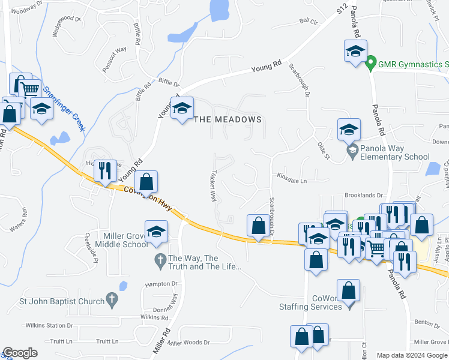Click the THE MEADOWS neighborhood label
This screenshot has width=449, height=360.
click(x=228, y=119)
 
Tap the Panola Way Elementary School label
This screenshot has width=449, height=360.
click(x=394, y=153)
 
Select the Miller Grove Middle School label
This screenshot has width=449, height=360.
click(x=118, y=240)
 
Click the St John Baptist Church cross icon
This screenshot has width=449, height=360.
click(x=111, y=298)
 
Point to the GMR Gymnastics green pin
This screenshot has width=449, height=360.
click(x=371, y=62)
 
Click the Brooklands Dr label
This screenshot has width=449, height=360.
click(x=363, y=195)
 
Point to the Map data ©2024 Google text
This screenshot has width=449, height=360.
click(x=412, y=355)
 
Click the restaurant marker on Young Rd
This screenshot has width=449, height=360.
click(x=106, y=171)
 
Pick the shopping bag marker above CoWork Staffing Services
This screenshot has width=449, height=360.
click(x=348, y=291)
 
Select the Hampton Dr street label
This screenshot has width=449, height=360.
click(x=161, y=284)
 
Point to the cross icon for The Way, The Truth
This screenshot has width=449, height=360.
click(x=160, y=259)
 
